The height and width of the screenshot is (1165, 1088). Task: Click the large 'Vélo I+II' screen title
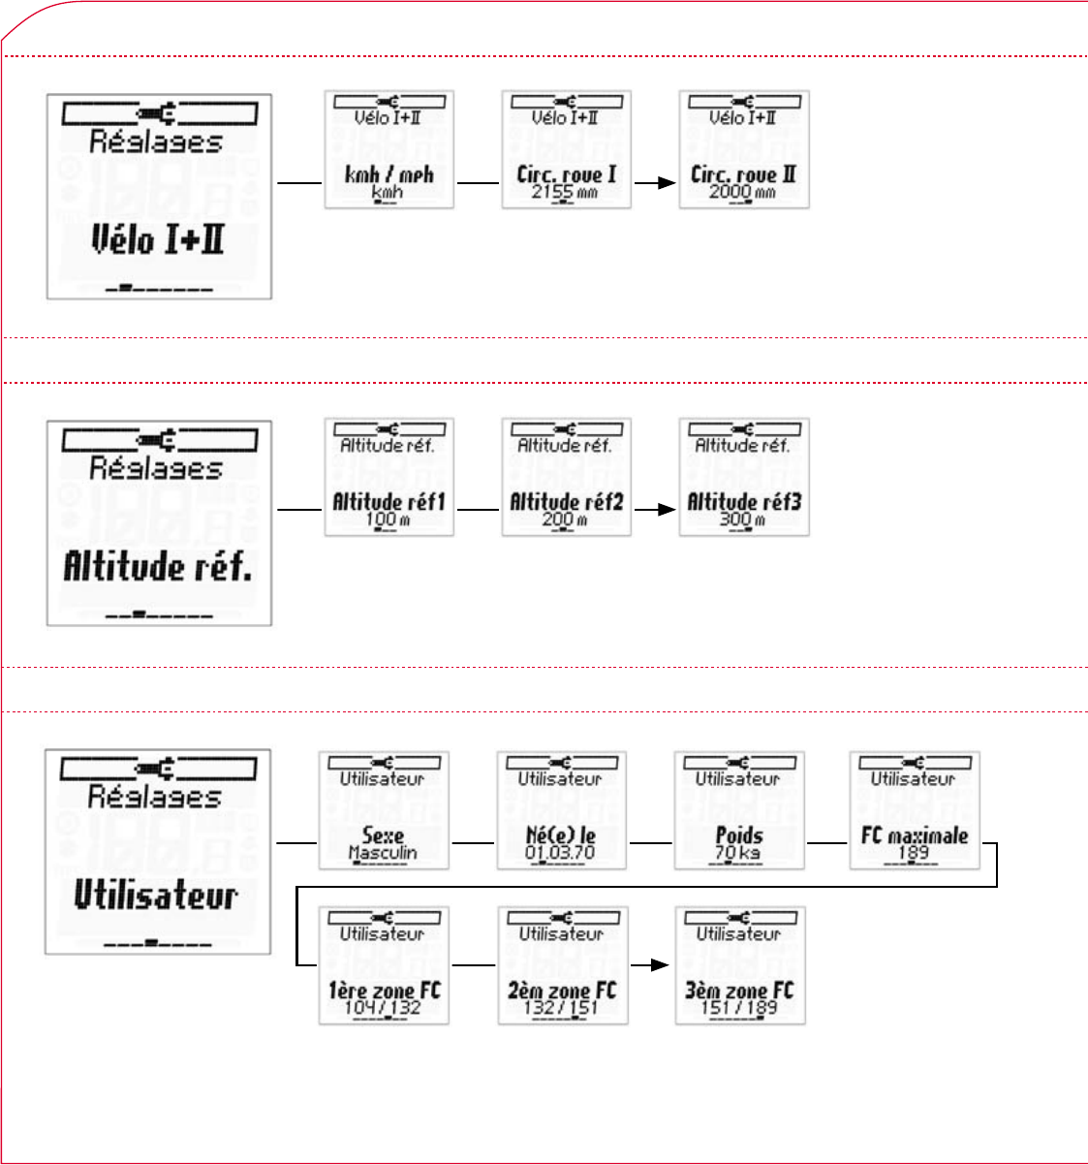pyautogui.click(x=158, y=238)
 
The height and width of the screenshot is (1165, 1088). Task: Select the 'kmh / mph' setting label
pyautogui.click(x=389, y=175)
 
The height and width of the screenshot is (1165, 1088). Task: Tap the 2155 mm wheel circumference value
pyautogui.click(x=565, y=192)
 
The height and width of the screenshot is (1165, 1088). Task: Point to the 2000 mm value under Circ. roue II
pyautogui.click(x=742, y=192)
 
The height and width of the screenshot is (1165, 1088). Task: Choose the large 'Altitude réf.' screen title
pyautogui.click(x=158, y=566)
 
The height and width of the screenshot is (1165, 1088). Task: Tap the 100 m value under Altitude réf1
pyautogui.click(x=387, y=520)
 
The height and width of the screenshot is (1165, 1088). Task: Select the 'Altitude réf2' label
pyautogui.click(x=566, y=502)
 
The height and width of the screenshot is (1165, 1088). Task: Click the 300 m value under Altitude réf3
pyautogui.click(x=742, y=520)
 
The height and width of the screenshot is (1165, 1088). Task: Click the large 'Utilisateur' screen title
pyautogui.click(x=156, y=895)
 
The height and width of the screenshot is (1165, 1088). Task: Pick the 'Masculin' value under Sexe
pyautogui.click(x=383, y=853)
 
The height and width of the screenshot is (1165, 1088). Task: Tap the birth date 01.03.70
pyautogui.click(x=560, y=853)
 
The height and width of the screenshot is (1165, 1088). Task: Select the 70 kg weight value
pyautogui.click(x=738, y=853)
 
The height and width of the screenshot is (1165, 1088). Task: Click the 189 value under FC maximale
pyautogui.click(x=914, y=853)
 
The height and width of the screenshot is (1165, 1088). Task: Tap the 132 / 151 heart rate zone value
pyautogui.click(x=561, y=1008)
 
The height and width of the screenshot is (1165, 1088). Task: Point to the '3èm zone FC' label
pyautogui.click(x=739, y=991)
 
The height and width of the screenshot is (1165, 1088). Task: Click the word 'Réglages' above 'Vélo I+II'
pyautogui.click(x=156, y=142)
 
